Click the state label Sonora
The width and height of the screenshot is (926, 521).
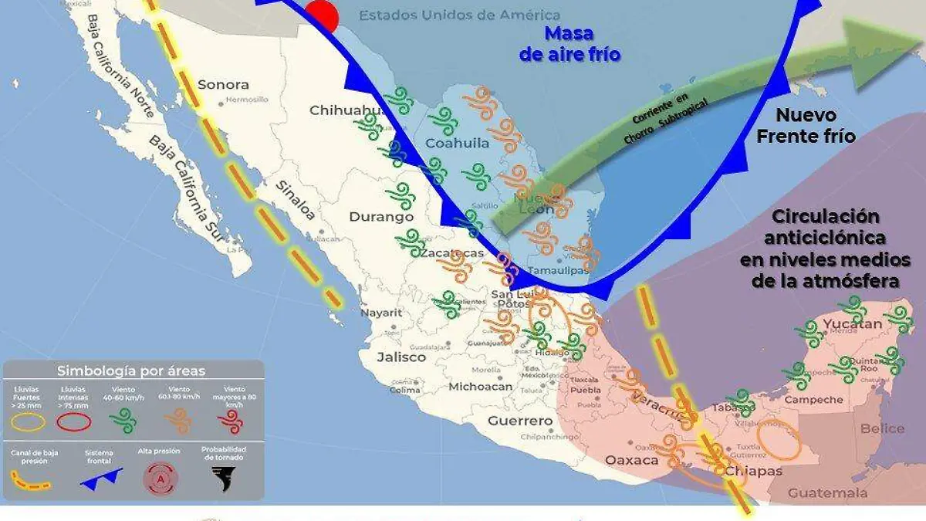[223, 85]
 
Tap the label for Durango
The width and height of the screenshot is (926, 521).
[381, 218]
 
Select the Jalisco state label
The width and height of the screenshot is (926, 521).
[401, 357]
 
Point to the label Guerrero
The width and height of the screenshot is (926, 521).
[521, 421]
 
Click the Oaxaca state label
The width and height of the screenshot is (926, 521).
[632, 461]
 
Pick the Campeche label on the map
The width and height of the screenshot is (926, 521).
[817, 400]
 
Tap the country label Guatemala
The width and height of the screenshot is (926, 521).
[827, 493]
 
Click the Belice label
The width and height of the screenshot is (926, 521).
[881, 429]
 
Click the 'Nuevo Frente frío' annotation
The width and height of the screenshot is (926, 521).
[806, 126]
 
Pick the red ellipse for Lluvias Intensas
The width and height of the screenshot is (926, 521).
[75, 421]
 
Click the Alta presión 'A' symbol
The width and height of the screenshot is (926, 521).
[161, 479]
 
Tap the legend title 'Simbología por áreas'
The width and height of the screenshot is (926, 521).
[131, 371]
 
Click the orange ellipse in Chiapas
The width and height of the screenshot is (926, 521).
[779, 440]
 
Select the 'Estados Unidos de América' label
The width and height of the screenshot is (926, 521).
[460, 15]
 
